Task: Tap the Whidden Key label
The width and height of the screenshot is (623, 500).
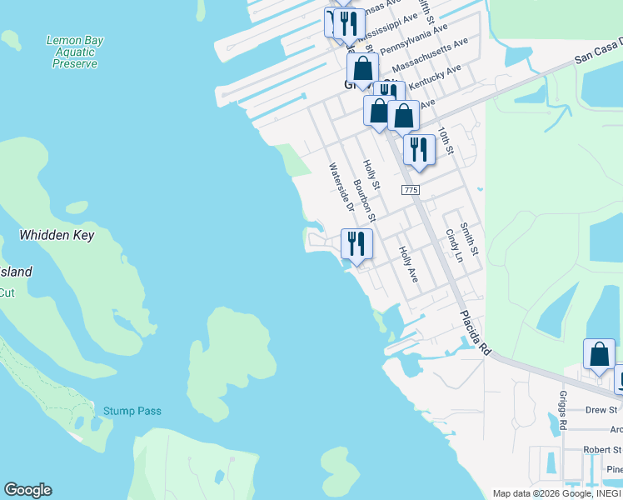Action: pos(57,236)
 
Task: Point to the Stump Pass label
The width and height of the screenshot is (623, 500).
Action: pos(132,411)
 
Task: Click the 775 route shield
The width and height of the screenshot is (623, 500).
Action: pos(410,191)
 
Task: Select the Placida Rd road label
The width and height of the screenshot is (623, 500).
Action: pos(474,333)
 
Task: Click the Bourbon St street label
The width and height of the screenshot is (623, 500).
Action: pos(364,201)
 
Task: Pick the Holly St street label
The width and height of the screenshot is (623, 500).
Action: pos(371,174)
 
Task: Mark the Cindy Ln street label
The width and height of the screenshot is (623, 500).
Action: pos(453,245)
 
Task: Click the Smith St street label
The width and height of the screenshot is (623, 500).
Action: pos(470,238)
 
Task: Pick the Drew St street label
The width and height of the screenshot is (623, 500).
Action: pos(601,410)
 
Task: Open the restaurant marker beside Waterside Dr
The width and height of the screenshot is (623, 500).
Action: pos(356,243)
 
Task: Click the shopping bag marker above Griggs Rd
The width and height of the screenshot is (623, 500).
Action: pos(599,354)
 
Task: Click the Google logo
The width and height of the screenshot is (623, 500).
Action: pos(27,490)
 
